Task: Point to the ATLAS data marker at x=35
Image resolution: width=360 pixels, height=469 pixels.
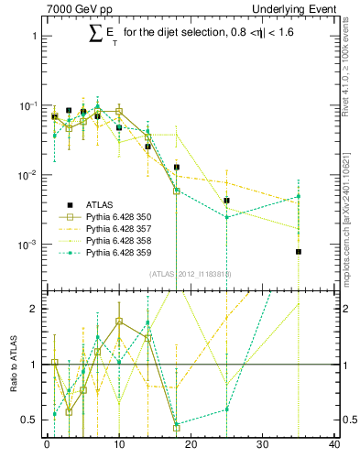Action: tap(299, 251)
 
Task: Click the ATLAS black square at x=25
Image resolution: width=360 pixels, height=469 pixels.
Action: tap(226, 200)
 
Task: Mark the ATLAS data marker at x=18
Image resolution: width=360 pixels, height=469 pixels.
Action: tap(176, 167)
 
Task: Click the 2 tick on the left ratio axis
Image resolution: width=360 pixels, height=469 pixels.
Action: tap(35, 309)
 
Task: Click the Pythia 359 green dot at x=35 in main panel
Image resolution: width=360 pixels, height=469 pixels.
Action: tap(299, 196)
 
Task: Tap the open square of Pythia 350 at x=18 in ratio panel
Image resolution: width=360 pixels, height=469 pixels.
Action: tap(176, 427)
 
